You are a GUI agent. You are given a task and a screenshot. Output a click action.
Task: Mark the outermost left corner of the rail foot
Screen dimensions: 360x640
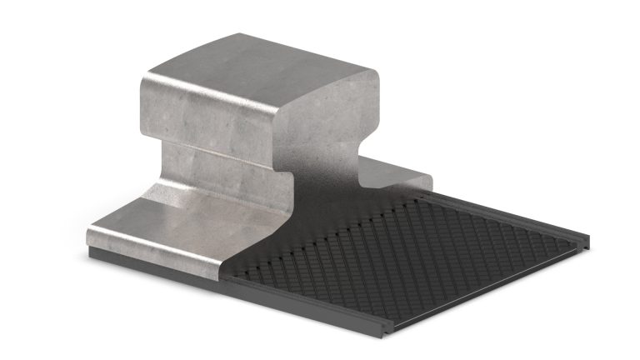88,235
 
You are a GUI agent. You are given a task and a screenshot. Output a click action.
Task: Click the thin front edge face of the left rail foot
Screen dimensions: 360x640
158,250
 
